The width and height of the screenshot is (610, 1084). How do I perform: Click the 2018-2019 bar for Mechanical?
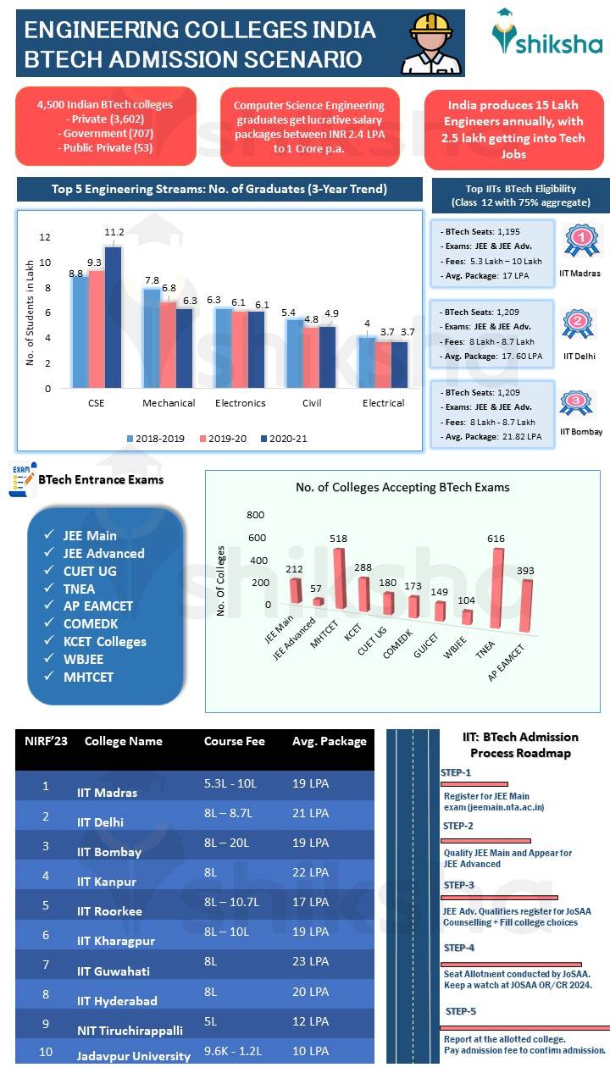tap(151, 339)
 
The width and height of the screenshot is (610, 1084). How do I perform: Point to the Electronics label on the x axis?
tap(241, 403)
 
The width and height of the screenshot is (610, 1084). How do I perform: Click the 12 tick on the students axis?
tap(45, 237)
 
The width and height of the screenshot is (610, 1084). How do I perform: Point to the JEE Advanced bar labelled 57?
tap(319, 601)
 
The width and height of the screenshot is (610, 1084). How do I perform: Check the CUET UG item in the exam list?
tap(90, 571)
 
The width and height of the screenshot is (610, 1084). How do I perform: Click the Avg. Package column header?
tap(330, 741)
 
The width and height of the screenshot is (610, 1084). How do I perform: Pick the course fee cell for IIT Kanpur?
tap(211, 872)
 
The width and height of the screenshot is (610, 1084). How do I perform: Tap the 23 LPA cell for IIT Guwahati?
tap(310, 961)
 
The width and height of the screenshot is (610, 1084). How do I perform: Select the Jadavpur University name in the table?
tap(133, 1056)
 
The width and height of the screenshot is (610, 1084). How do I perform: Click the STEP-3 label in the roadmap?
tap(458, 885)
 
